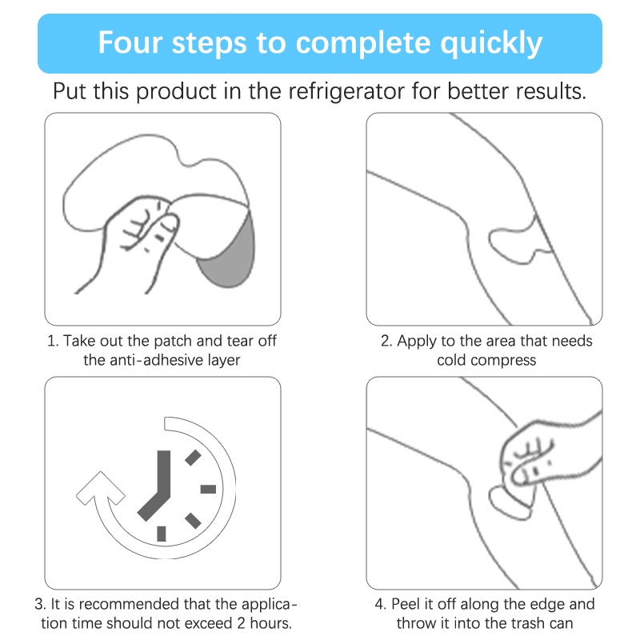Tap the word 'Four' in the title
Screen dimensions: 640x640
pyautogui.click(x=130, y=42)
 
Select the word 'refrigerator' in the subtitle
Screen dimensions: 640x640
pyautogui.click(x=346, y=91)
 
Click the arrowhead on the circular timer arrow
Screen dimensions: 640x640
pyautogui.click(x=101, y=488)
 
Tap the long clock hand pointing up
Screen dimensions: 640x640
pyautogui.click(x=164, y=474)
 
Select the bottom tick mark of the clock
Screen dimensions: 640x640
pyautogui.click(x=162, y=534)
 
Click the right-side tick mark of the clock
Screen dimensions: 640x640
pyautogui.click(x=208, y=489)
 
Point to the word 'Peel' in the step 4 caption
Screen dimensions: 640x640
pyautogui.click(x=405, y=604)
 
